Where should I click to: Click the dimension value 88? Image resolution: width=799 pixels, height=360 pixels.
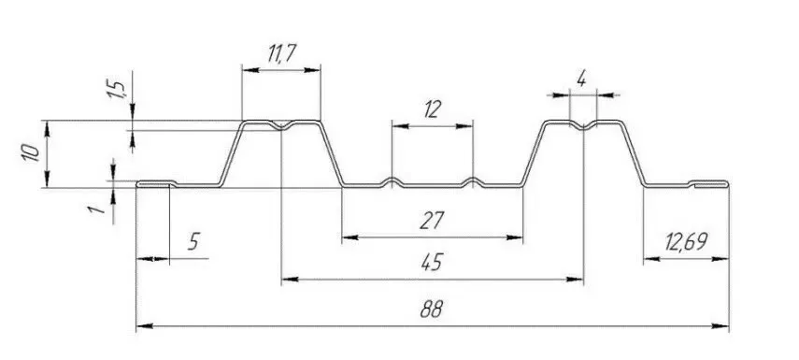click(x=432, y=309)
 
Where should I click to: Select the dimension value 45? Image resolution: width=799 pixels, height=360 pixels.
click(x=432, y=262)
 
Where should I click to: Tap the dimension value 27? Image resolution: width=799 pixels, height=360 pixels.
click(x=432, y=221)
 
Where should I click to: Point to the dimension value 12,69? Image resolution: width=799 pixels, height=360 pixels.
click(x=686, y=241)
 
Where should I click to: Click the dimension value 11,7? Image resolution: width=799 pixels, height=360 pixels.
click(x=282, y=53)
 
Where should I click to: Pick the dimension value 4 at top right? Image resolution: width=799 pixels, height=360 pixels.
click(x=581, y=79)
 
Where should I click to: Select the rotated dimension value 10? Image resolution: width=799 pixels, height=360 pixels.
click(x=31, y=153)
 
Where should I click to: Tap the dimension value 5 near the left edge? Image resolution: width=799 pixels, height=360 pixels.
click(x=193, y=241)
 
